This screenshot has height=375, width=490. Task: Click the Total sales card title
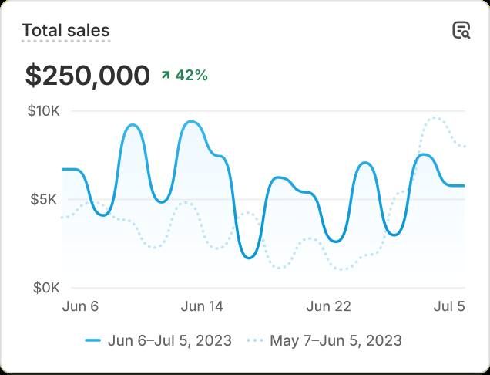click(65, 31)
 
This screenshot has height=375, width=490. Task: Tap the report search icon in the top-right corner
click(461, 31)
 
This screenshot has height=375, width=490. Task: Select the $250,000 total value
click(87, 76)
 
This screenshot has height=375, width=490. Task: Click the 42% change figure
click(191, 75)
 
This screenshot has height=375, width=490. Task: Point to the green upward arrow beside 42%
click(165, 75)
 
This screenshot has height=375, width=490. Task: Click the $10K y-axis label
click(43, 111)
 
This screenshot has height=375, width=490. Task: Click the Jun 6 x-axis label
click(80, 306)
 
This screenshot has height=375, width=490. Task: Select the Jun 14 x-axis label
click(202, 306)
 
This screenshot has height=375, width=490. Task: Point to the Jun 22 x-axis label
click(329, 306)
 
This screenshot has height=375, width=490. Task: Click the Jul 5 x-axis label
click(449, 306)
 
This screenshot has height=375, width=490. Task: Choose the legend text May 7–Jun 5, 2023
click(335, 340)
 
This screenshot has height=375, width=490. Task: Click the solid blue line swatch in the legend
click(93, 340)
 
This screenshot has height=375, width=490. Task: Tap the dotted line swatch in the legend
click(255, 340)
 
